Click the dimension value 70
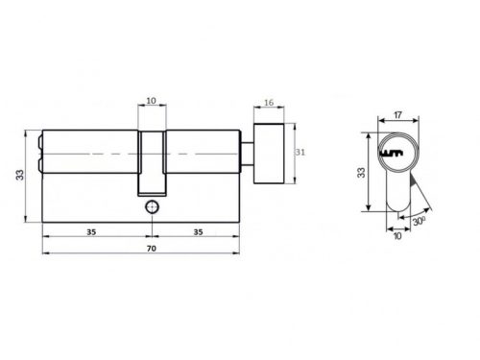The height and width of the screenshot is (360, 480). [x=152, y=249]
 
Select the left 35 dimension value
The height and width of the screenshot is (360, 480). [x=91, y=232]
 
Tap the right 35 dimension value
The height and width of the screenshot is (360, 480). [x=198, y=232]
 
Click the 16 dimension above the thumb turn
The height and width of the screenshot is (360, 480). [x=269, y=103]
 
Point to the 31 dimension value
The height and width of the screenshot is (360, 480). [x=300, y=152]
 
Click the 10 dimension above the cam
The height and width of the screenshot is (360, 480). [x=151, y=101]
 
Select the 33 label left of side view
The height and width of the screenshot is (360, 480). [x=20, y=175]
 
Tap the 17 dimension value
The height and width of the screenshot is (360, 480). [x=397, y=115]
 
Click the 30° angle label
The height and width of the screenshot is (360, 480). [x=419, y=221]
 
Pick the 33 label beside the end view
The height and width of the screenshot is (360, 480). [x=361, y=173]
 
